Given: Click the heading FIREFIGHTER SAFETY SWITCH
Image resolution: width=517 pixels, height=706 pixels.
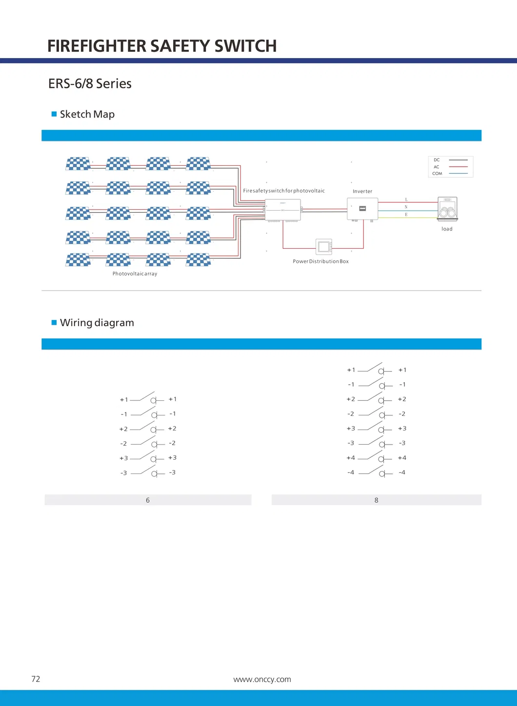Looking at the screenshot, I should click(x=162, y=46).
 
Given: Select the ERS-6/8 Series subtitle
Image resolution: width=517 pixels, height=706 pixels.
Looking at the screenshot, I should click(x=90, y=84).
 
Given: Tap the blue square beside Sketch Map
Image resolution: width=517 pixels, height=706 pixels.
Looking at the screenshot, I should click(x=54, y=114).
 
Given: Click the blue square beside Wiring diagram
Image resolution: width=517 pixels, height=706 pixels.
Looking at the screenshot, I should click(x=54, y=323).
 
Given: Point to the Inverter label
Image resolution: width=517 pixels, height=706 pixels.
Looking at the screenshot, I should click(x=362, y=191).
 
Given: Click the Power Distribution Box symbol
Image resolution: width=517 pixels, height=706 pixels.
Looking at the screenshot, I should click(x=324, y=247).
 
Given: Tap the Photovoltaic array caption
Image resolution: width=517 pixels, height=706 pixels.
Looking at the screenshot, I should click(x=135, y=274).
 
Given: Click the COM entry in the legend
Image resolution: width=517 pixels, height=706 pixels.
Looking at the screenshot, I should click(x=437, y=174).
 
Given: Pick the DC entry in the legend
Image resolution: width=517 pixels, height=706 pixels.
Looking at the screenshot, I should click(x=437, y=160).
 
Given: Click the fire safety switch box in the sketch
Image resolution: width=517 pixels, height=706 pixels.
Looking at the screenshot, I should click(x=283, y=210).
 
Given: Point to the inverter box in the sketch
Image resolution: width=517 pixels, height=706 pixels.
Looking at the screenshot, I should click(x=362, y=209).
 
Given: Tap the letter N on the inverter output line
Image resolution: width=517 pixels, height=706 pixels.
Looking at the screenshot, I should click(x=406, y=207).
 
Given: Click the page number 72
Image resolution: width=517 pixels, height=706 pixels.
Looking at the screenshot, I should click(x=36, y=679).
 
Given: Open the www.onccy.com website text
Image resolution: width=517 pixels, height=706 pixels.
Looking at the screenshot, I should click(x=262, y=680).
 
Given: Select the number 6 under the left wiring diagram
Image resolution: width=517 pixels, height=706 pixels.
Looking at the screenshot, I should click(x=148, y=500).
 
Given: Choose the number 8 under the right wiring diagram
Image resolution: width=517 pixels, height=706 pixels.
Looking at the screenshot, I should click(x=376, y=500).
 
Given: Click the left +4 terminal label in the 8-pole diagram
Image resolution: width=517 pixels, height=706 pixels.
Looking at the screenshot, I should click(x=351, y=458).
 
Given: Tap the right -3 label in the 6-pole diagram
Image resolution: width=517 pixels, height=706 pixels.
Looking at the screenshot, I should click(x=172, y=472).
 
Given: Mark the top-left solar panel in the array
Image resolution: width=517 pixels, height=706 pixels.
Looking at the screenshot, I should click(x=79, y=163).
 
